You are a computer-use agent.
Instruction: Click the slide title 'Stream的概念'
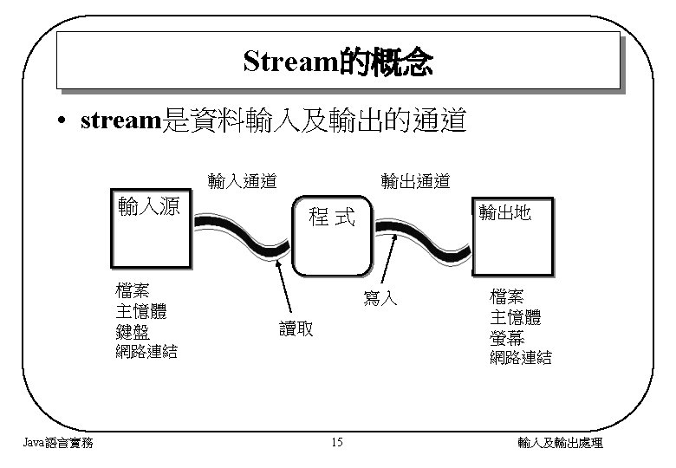tap(338, 62)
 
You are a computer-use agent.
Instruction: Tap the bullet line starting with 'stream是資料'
tap(272, 121)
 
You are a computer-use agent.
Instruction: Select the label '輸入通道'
tap(243, 181)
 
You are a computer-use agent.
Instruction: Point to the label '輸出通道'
tap(416, 181)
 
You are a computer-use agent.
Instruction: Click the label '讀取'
tap(296, 328)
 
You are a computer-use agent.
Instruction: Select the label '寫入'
tap(380, 299)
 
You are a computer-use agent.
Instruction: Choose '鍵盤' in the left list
tap(132, 331)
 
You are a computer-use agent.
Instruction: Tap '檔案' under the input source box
tap(132, 289)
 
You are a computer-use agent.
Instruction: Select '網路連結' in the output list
tap(520, 357)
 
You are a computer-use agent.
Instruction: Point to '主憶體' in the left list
tap(140, 310)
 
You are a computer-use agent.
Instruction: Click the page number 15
tap(337, 444)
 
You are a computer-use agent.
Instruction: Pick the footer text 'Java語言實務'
tap(58, 444)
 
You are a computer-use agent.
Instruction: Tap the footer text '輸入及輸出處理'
tap(560, 444)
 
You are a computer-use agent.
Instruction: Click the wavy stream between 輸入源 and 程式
tap(243, 231)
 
